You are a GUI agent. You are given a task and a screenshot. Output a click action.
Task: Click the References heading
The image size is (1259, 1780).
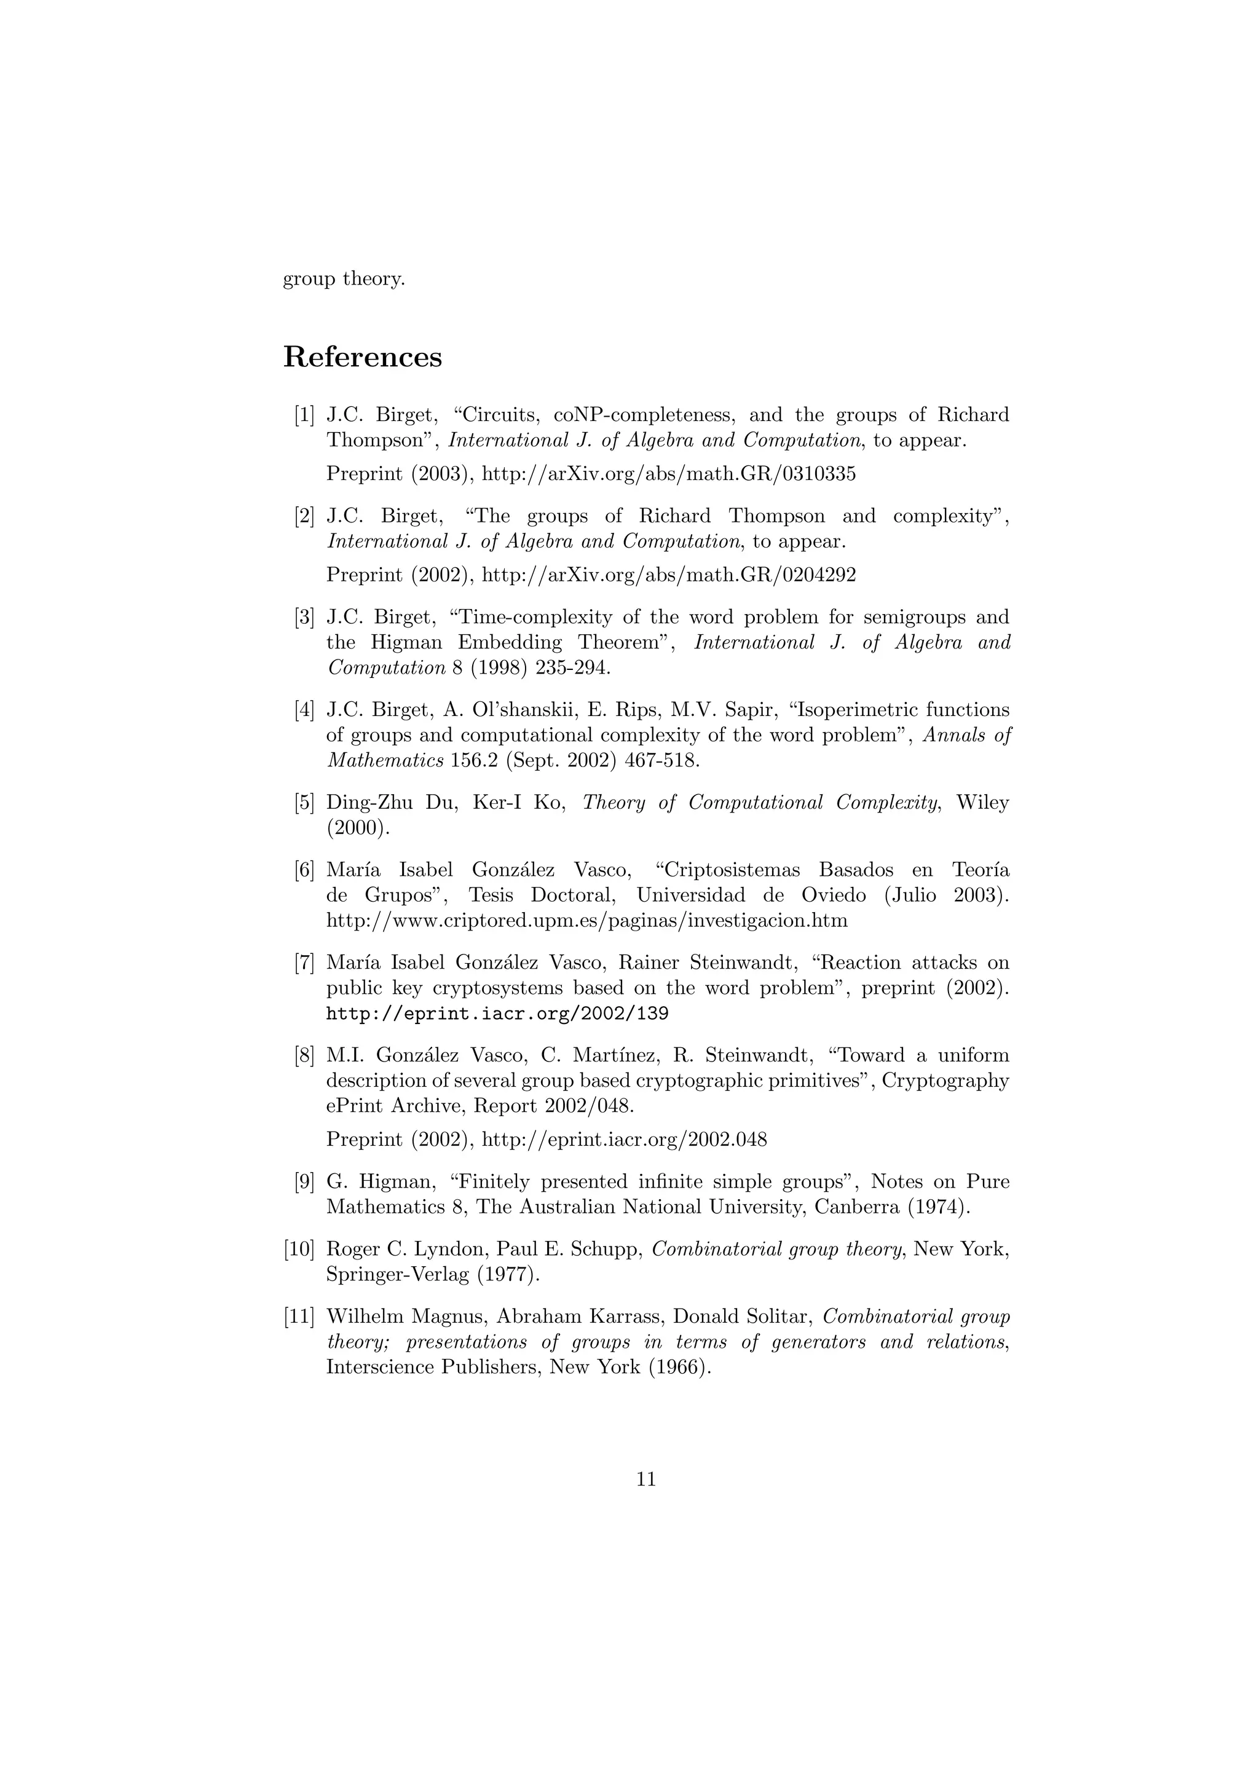point(362,357)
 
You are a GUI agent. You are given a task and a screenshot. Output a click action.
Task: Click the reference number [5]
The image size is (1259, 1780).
point(304,802)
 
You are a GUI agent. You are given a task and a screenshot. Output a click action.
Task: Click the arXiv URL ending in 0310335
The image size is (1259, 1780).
point(668,474)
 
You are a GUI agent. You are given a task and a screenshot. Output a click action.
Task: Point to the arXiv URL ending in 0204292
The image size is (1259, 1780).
point(668,575)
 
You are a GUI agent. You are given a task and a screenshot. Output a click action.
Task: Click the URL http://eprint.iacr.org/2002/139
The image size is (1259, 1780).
point(497,1014)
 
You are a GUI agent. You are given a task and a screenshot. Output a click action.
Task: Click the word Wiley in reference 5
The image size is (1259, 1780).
point(982,802)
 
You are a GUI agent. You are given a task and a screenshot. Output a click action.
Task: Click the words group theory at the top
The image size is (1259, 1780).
point(344,279)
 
